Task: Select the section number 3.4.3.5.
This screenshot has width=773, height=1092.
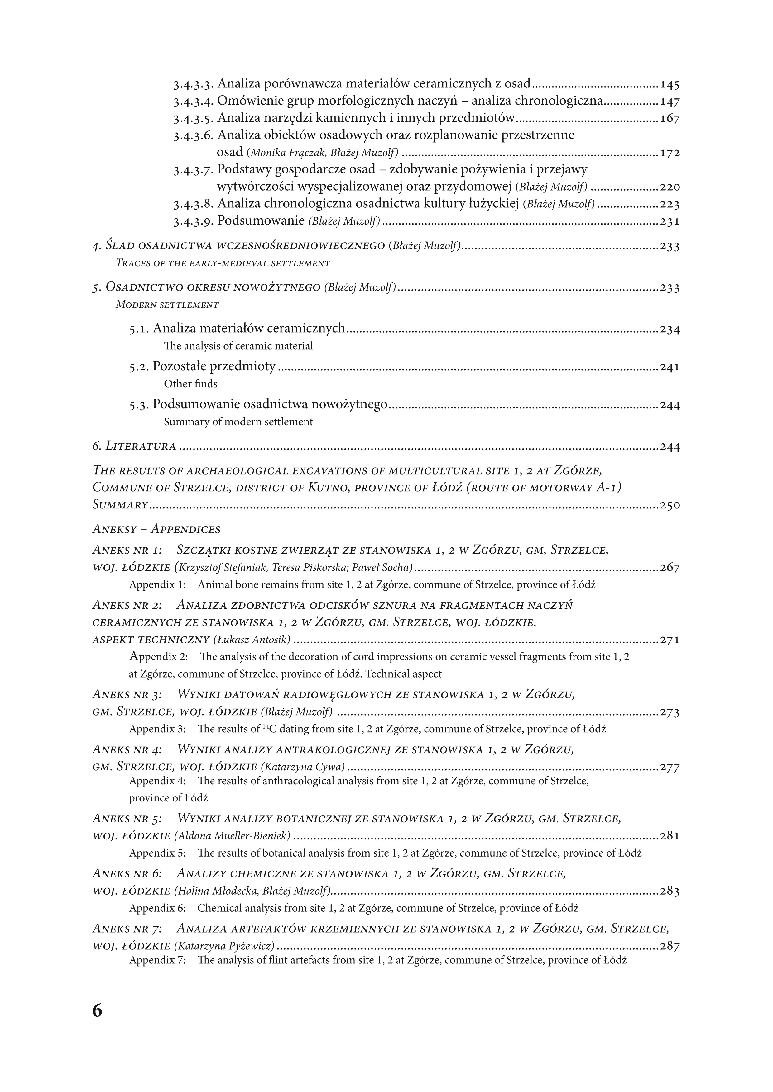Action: click(194, 118)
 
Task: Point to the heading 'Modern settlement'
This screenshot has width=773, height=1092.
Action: click(167, 305)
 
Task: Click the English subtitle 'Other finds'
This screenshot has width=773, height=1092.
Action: click(190, 384)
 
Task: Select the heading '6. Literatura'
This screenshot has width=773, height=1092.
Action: click(134, 446)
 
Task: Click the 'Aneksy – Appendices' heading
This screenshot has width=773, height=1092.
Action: click(156, 529)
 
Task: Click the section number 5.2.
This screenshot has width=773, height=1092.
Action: click(139, 367)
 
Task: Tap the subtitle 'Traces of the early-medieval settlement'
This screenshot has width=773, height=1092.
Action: click(223, 263)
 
